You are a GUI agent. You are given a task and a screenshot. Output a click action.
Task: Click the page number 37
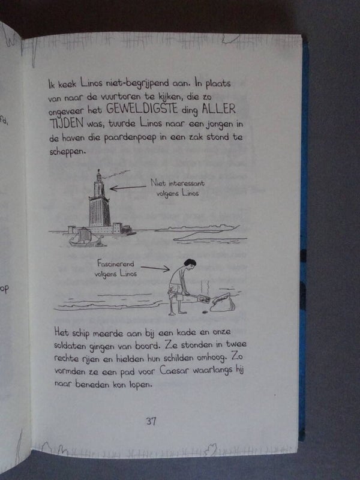coord(151,421)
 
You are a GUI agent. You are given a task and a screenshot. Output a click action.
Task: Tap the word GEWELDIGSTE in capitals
coord(142,109)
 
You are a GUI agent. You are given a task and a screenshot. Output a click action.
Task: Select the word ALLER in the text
coord(218,109)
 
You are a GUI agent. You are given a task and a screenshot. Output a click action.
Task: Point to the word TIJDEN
coord(67,123)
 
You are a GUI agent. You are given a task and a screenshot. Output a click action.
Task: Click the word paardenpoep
coord(130,138)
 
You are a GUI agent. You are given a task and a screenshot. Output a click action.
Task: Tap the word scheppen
coord(67,152)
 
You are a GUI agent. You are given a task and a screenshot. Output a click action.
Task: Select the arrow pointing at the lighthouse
coord(128,188)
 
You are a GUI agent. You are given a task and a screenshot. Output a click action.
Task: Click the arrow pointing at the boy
coord(155,268)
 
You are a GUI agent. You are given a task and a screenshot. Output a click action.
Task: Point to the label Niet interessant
coord(177,183)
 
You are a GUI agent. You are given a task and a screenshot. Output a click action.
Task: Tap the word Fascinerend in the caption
coord(115,263)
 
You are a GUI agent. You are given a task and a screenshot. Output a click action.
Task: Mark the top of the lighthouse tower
coord(98,170)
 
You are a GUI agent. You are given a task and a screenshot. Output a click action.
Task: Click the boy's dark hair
coord(190,262)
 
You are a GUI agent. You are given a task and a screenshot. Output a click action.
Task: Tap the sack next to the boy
coord(223,302)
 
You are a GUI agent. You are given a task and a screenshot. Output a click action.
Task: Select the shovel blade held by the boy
coord(203,298)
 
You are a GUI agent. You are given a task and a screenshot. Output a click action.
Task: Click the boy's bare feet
coord(177,313)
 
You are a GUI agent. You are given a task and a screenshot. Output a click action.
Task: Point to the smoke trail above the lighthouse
coord(116,174)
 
